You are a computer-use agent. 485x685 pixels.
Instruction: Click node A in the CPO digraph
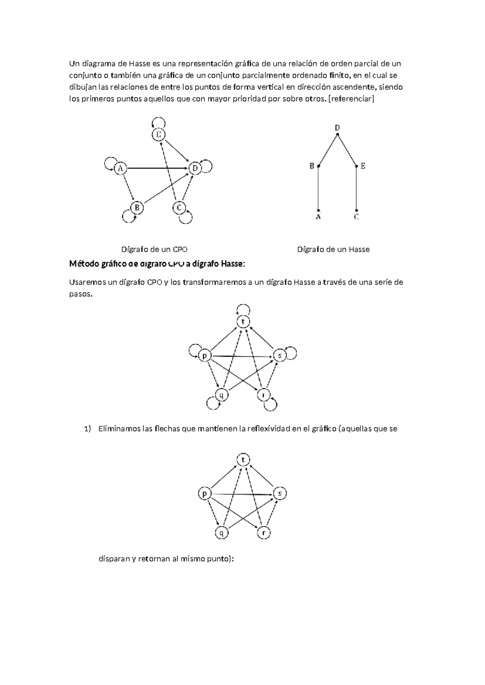(x=120, y=168)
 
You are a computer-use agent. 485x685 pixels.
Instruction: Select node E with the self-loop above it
(x=158, y=135)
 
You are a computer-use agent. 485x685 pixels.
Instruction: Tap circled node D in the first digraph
(x=195, y=168)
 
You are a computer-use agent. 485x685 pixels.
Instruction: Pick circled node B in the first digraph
(x=137, y=208)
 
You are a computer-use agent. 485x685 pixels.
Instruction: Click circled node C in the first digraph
(x=179, y=208)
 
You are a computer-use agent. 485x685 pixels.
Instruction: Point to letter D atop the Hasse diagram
(x=337, y=128)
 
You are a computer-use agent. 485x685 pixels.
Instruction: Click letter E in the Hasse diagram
(x=363, y=166)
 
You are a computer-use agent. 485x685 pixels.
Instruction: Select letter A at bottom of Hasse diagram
(x=318, y=217)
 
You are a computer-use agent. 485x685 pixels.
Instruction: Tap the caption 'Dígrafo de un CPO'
(x=154, y=249)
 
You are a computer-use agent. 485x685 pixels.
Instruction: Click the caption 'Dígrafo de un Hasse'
(x=333, y=249)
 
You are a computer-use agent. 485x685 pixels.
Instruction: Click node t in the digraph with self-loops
(x=243, y=321)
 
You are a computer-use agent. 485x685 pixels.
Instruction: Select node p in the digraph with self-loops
(x=205, y=355)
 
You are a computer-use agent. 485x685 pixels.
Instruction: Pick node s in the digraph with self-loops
(x=280, y=355)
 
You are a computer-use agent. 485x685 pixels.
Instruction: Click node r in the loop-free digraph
(x=264, y=533)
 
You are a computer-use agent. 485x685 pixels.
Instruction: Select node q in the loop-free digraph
(x=221, y=533)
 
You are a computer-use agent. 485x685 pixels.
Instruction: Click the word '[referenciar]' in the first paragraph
(x=352, y=99)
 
